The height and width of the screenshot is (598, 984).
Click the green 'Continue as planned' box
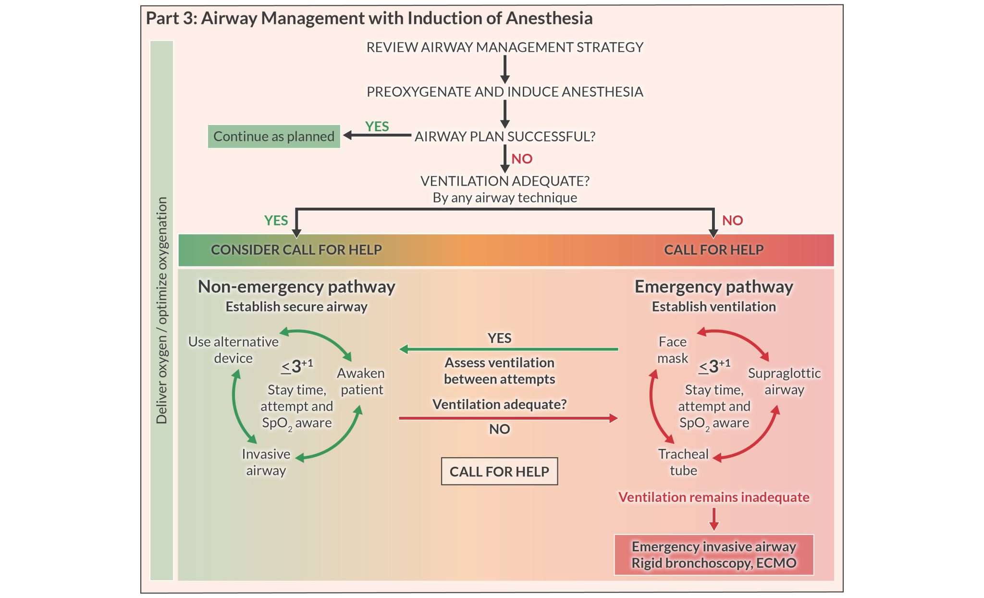pyautogui.click(x=273, y=137)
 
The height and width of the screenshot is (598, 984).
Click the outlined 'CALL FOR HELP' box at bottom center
pyautogui.click(x=499, y=472)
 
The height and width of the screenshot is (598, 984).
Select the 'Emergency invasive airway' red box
pyautogui.click(x=713, y=555)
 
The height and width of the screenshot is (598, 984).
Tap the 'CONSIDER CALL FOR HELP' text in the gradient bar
pyautogui.click(x=296, y=250)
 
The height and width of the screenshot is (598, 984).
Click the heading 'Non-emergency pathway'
pyautogui.click(x=296, y=287)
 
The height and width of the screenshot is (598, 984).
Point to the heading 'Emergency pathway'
pyautogui.click(x=713, y=287)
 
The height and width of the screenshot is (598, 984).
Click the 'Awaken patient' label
pyautogui.click(x=361, y=381)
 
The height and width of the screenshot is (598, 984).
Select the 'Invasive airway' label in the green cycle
pyautogui.click(x=266, y=462)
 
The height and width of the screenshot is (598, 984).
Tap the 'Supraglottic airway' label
pyautogui.click(x=784, y=381)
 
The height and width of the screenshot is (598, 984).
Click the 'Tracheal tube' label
pyautogui.click(x=683, y=462)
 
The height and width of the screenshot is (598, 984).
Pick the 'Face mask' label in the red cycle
pyautogui.click(x=672, y=350)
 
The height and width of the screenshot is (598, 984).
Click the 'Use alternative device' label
pyautogui.click(x=233, y=350)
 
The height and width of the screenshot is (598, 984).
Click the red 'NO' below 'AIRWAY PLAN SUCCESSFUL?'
pyautogui.click(x=522, y=159)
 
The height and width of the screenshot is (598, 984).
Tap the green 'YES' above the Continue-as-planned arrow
pyautogui.click(x=377, y=126)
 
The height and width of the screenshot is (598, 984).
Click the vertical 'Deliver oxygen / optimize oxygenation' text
pyautogui.click(x=162, y=310)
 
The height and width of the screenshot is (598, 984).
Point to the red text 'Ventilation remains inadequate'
pyautogui.click(x=713, y=497)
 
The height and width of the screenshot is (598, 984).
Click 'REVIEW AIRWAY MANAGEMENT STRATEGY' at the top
pyautogui.click(x=504, y=47)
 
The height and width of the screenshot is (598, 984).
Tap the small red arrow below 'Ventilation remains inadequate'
pyautogui.click(x=714, y=519)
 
